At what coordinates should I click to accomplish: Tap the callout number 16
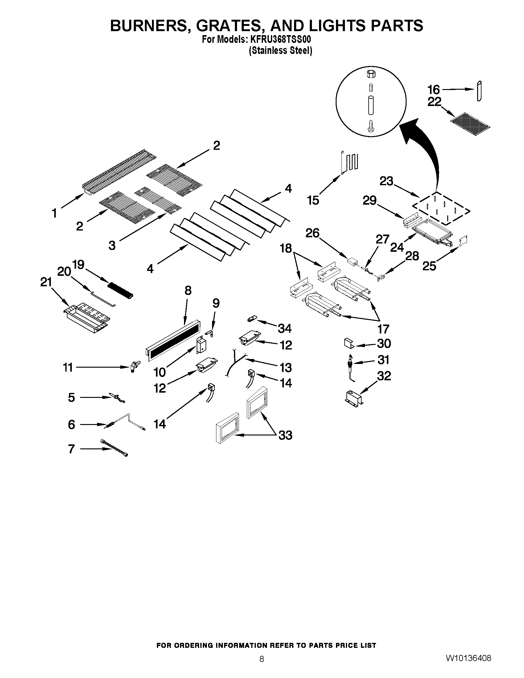[434, 90]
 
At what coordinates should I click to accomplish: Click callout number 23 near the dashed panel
[387, 181]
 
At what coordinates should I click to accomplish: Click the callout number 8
[188, 291]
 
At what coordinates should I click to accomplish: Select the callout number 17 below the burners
[383, 329]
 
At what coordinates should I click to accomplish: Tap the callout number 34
[285, 329]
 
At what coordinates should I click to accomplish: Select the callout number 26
[312, 233]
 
